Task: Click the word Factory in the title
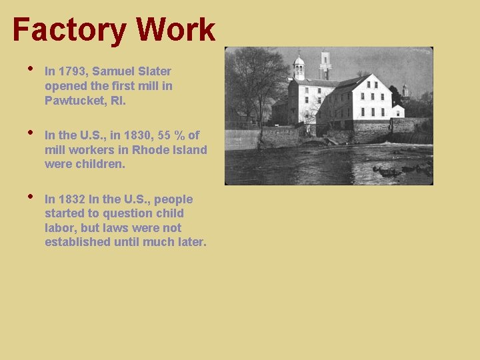pos(70,30)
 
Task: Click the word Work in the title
pos(176,30)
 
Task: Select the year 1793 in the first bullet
pos(71,71)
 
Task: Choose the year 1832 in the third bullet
pos(71,199)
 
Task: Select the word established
pos(77,242)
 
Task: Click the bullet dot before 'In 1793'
pos(30,68)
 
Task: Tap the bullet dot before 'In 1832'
pos(30,196)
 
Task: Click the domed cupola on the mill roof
pos(299,65)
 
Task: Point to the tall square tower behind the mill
pos(325,64)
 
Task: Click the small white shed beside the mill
pos(397,111)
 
